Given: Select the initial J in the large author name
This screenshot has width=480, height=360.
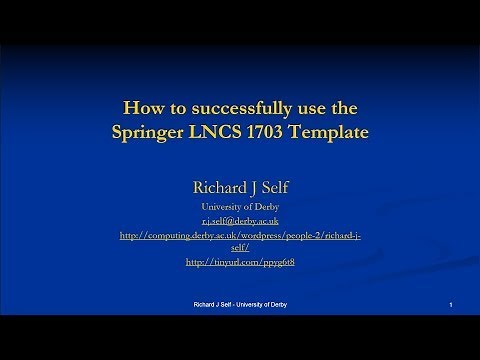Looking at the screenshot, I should (252, 185).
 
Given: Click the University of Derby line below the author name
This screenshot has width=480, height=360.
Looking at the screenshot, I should (239, 205).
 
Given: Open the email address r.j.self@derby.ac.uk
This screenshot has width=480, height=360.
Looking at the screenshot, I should (239, 219).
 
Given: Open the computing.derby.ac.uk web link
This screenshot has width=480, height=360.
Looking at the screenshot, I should (239, 235).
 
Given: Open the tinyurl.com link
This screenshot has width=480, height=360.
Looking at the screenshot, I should (239, 262).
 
